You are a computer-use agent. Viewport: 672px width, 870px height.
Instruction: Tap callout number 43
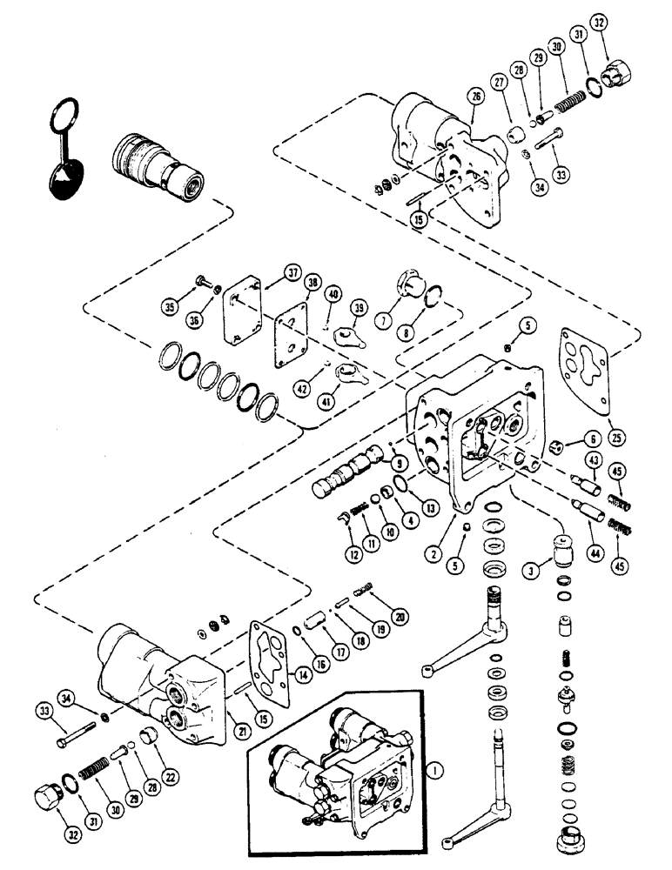[x=593, y=460]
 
